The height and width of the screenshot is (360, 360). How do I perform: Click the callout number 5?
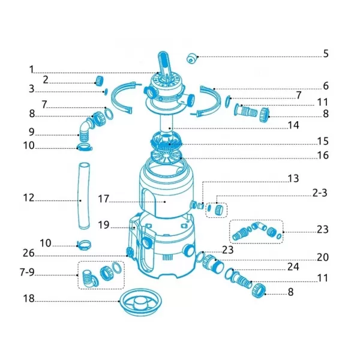coord(326,53)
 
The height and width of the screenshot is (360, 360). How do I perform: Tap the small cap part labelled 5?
coord(192,59)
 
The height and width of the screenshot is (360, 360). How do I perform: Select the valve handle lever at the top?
coord(163,64)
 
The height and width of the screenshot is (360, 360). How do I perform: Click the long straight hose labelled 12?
coord(84,196)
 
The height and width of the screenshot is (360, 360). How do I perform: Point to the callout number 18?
coord(29,298)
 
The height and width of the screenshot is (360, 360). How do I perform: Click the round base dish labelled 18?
coord(140,302)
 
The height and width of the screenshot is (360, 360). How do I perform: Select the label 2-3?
coord(320,193)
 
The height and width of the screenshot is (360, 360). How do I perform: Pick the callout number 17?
coord(104,199)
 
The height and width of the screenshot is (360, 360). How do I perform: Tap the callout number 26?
coord(29,253)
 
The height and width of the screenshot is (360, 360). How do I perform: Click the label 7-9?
coord(27,272)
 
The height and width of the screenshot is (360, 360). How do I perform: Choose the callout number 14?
coord(293,125)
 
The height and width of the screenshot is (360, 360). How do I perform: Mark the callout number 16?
coord(323,155)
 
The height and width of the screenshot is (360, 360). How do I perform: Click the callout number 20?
coord(323,257)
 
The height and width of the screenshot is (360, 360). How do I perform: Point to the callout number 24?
coord(293,267)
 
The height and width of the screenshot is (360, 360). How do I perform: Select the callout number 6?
coord(326,86)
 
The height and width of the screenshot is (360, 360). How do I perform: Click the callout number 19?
coord(104,225)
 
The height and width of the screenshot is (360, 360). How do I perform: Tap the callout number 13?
coord(293,179)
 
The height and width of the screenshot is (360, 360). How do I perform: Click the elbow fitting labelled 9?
coord(86,129)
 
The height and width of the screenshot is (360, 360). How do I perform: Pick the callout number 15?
coord(323,141)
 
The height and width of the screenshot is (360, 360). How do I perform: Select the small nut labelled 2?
coord(99,80)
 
